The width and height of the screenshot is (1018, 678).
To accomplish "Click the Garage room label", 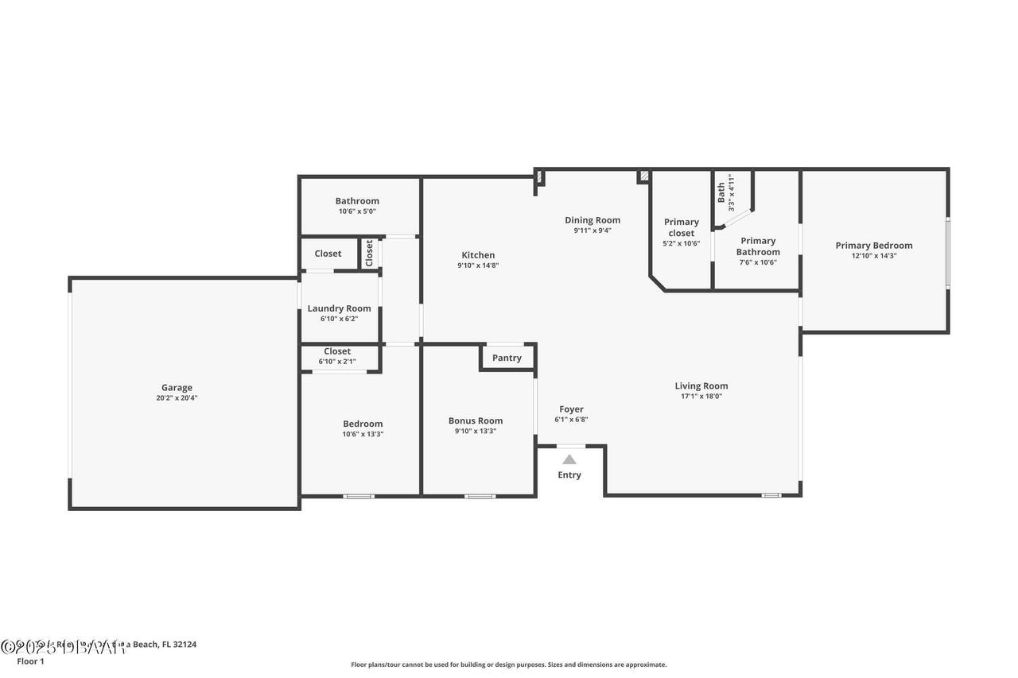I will coord(177,388).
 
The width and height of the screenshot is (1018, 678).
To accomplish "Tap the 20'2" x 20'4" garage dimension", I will coord(177,398).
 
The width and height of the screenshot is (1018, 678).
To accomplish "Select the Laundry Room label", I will coord(339,308).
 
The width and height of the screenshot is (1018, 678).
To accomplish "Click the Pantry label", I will coord(507,358).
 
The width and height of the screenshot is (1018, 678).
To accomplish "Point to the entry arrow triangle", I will coord(569,459).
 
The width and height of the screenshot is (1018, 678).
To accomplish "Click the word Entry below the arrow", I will coord(569,475).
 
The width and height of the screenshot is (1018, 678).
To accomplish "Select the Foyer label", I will coord(571,409).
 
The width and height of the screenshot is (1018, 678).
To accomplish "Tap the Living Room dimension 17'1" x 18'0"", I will coord(701,397).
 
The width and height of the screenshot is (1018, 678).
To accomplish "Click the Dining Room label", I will coord(593,220).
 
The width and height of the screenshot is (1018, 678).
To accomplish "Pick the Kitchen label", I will coord(478,255).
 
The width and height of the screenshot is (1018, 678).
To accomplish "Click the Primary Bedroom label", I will coord(874,246).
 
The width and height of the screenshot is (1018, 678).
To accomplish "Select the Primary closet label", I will coord(682,227).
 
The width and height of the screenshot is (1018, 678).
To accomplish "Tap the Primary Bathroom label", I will coord(758,246).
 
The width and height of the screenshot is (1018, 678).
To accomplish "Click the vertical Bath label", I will coord(721,192).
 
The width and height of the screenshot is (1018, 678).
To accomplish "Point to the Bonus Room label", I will coord(476,420).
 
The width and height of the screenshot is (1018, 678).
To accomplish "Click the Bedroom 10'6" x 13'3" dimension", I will coord(363,434).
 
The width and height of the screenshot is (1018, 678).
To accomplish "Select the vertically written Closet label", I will coord(369,253).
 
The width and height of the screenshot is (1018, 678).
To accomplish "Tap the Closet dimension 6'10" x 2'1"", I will coord(337,362).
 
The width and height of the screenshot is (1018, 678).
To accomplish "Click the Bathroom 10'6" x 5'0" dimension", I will coord(357,211).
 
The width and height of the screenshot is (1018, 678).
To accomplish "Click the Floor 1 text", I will coord(31,661).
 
